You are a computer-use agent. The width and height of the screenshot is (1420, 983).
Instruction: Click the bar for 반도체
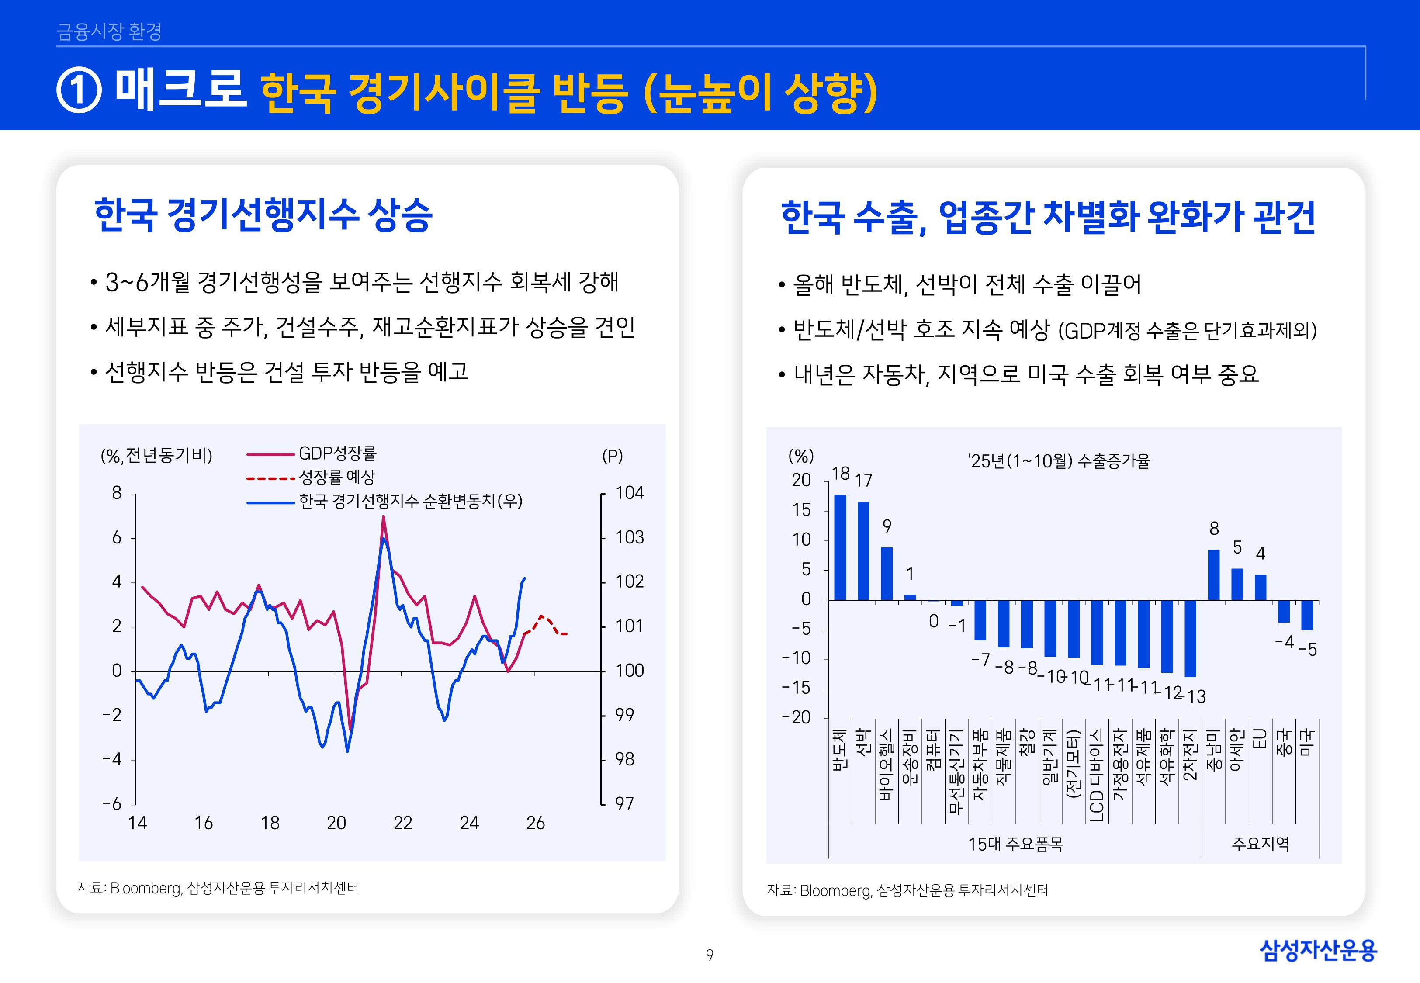pyautogui.click(x=840, y=547)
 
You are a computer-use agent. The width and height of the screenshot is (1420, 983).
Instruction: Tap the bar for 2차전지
pyautogui.click(x=1190, y=638)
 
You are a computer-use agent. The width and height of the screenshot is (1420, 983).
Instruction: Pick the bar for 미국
pyautogui.click(x=1307, y=615)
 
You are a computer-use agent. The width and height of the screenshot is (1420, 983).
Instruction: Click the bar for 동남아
pyautogui.click(x=1214, y=575)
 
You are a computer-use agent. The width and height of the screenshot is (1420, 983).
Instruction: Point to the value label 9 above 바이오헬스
pyautogui.click(x=887, y=526)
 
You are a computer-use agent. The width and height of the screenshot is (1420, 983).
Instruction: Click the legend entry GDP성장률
pyautogui.click(x=337, y=454)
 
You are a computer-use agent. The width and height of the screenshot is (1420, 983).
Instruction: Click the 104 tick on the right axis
pyautogui.click(x=629, y=493)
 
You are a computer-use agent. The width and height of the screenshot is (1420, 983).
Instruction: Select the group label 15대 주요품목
pyautogui.click(x=1015, y=844)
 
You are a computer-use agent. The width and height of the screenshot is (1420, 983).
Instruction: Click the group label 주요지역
pyautogui.click(x=1260, y=844)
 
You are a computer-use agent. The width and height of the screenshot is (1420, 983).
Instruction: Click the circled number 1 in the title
pyautogui.click(x=79, y=90)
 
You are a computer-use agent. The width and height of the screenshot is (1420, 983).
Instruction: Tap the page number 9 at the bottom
pyautogui.click(x=710, y=955)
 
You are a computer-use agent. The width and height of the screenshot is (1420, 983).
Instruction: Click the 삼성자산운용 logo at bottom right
pyautogui.click(x=1318, y=950)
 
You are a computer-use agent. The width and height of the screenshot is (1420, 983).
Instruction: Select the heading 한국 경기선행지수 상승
pyautogui.click(x=263, y=215)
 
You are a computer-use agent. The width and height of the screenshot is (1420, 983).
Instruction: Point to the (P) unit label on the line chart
pyautogui.click(x=612, y=457)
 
